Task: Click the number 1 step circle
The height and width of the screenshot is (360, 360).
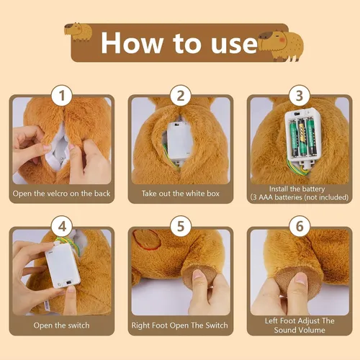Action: (62, 96)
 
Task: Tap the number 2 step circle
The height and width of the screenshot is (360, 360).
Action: (181, 96)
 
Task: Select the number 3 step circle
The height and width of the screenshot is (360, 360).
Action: (300, 96)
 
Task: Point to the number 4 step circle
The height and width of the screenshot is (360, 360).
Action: (62, 226)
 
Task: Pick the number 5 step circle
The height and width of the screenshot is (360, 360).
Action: (181, 226)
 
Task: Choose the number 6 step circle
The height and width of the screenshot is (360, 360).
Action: (300, 226)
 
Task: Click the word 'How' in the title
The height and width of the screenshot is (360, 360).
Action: (132, 43)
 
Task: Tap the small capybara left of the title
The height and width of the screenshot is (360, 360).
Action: (78, 32)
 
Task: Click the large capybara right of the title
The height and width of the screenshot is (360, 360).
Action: (281, 45)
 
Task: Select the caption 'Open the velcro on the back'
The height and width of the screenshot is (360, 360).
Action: (61, 194)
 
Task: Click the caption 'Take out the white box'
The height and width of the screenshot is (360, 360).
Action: (181, 194)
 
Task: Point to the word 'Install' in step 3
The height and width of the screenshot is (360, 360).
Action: (279, 189)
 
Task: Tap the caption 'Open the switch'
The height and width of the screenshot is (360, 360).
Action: (61, 325)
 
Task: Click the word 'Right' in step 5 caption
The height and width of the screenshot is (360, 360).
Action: (140, 325)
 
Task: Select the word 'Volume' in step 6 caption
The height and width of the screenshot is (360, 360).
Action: (312, 330)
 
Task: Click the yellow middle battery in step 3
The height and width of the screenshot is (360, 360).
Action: (302, 135)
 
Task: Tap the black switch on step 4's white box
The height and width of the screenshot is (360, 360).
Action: (69, 282)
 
